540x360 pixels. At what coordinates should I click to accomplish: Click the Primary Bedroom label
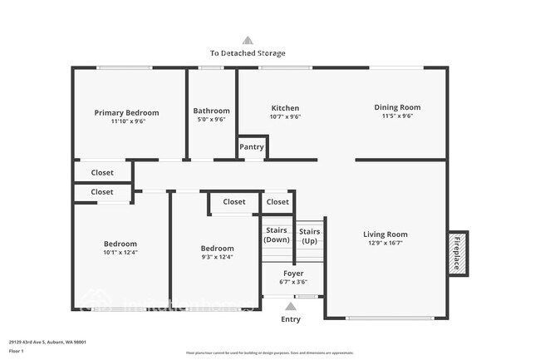pos(126,112)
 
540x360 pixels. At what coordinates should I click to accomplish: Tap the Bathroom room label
pos(211,111)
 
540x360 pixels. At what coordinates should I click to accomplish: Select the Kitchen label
pos(285,108)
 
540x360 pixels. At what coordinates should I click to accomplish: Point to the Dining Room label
pos(397,107)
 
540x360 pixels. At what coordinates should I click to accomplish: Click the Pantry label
pos(252,147)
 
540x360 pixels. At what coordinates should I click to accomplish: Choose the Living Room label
pos(385,234)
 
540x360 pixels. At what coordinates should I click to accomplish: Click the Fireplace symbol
pos(456,252)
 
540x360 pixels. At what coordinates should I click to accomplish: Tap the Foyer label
pos(293,273)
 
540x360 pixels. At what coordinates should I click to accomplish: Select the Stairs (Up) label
pos(309,235)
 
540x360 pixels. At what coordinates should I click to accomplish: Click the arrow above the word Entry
pos(291,306)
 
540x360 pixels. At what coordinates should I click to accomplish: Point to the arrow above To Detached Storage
pos(247,39)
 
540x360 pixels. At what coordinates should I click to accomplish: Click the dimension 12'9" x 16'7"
pos(385,244)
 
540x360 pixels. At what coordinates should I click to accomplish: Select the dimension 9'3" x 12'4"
pos(217,257)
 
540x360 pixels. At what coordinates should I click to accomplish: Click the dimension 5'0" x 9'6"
pos(211,119)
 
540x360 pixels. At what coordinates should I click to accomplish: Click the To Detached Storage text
pos(248,53)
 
